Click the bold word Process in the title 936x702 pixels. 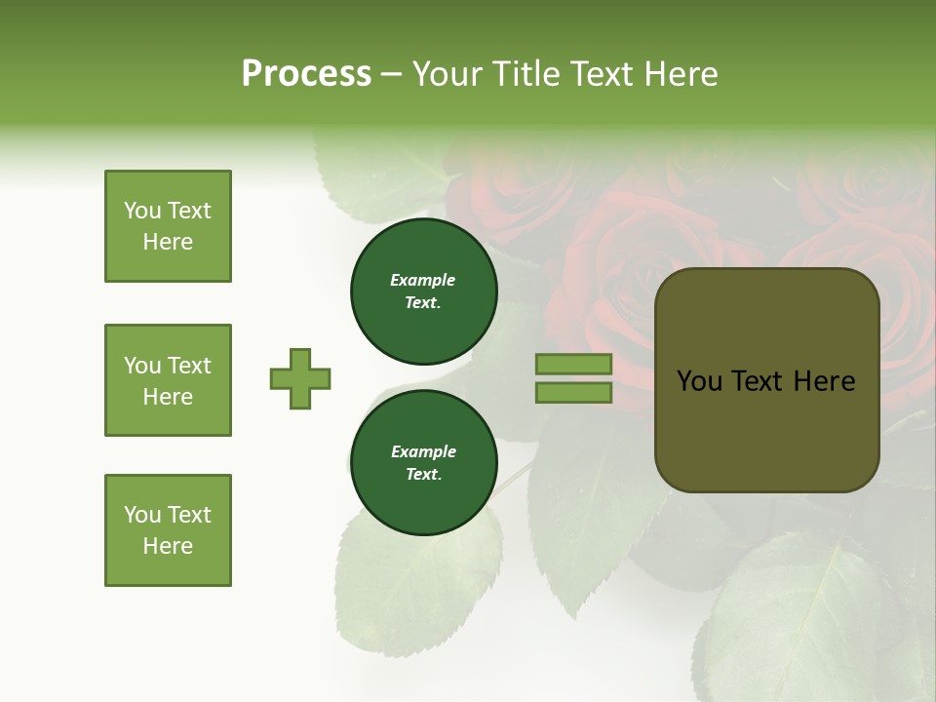tap(306, 74)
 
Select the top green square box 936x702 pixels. tap(168, 226)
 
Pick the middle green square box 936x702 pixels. tap(168, 380)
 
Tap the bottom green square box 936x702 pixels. tap(168, 530)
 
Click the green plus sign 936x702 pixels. tap(300, 378)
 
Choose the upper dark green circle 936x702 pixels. tap(423, 291)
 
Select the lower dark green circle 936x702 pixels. tap(423, 462)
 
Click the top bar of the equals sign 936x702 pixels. tap(574, 364)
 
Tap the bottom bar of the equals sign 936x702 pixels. tap(574, 392)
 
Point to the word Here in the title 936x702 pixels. tap(682, 74)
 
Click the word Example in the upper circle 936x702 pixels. tap(423, 280)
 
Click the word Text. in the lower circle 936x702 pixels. tap(423, 475)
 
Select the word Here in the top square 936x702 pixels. tap(168, 242)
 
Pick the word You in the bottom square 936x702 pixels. tap(142, 515)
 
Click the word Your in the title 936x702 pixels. tap(449, 74)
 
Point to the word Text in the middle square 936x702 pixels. tap(189, 366)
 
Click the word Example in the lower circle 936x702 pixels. tap(423, 451)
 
